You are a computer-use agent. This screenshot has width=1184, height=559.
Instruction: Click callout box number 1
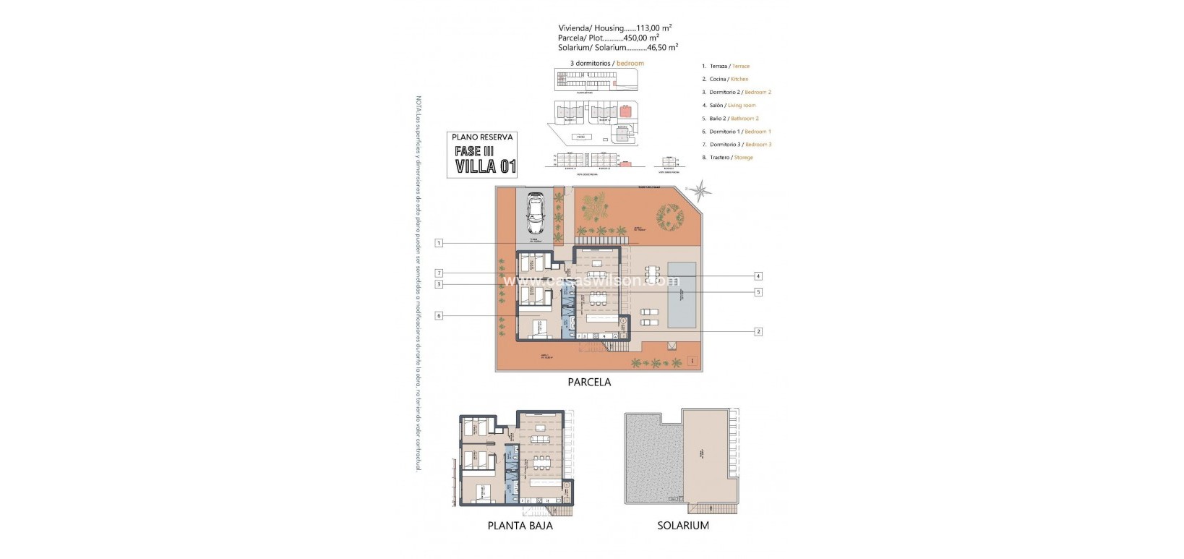[x=439, y=243]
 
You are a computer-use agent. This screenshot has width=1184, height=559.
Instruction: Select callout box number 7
[x=439, y=273]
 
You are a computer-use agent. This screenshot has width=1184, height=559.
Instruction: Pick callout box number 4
[x=758, y=276]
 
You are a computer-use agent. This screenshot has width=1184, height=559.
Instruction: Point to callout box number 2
[x=758, y=331]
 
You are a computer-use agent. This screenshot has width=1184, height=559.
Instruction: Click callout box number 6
[x=439, y=315]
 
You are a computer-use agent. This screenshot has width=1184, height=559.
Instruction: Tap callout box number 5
[x=758, y=292]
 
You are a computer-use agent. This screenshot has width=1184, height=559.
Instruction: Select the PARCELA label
[x=589, y=382]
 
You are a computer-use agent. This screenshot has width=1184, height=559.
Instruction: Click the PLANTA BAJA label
[x=520, y=526]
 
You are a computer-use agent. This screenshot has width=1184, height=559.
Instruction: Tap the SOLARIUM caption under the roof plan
[x=683, y=526]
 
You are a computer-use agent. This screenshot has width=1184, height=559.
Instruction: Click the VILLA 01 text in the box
[x=486, y=166]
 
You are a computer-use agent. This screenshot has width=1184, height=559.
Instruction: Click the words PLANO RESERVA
[x=482, y=137]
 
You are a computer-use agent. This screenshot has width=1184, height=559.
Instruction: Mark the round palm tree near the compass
[x=668, y=216]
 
